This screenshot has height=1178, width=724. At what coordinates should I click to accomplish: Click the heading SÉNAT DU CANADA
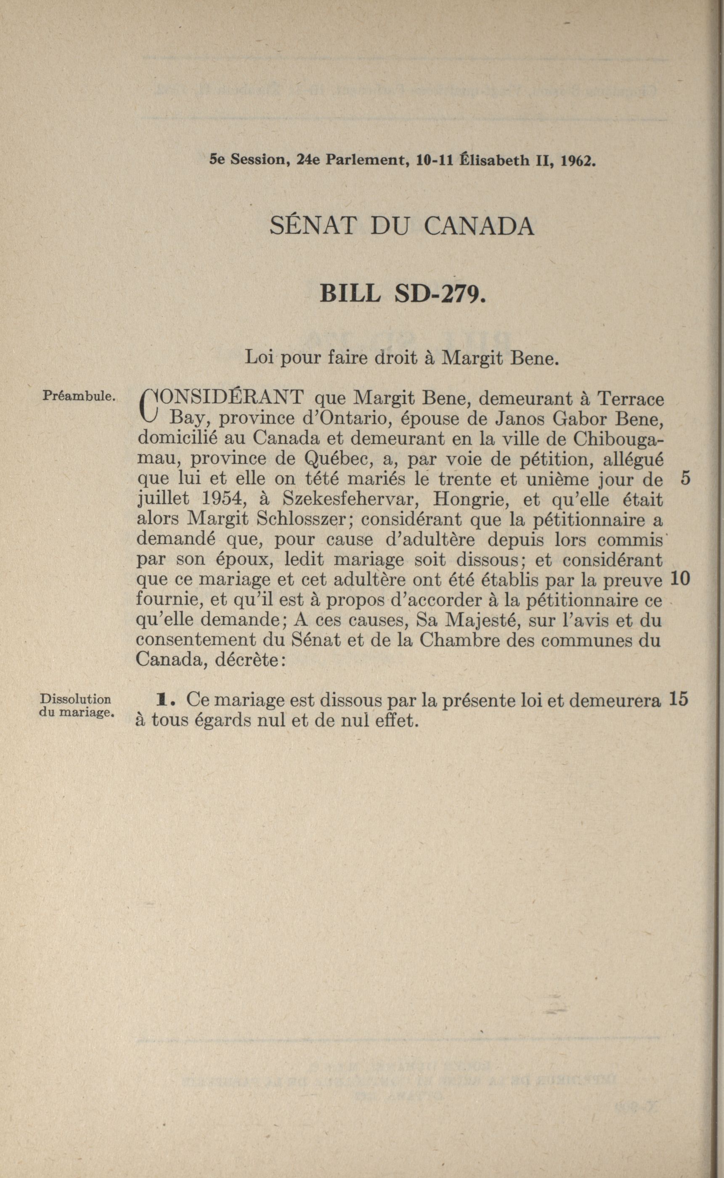click(x=402, y=226)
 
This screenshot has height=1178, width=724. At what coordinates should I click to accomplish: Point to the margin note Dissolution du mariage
click(x=77, y=705)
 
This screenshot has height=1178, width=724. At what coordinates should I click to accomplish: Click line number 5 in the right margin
click(x=685, y=479)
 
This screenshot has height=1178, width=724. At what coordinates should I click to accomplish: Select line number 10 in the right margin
click(x=680, y=580)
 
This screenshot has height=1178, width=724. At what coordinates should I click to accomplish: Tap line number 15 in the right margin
click(x=679, y=699)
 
